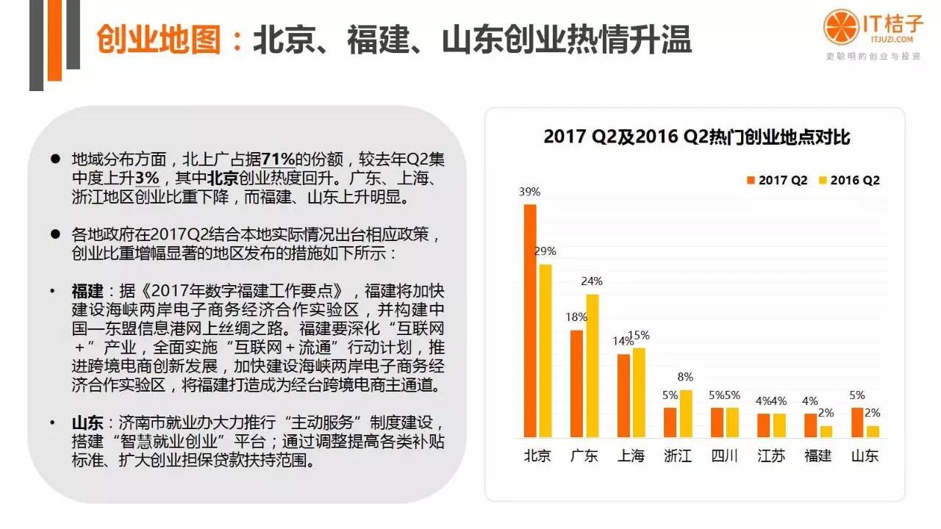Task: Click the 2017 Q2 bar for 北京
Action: coord(530,320)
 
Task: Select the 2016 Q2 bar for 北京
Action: coord(545,350)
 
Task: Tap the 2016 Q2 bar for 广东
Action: coord(592,366)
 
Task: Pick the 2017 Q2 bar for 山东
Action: coord(857,422)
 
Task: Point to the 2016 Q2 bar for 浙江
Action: coord(685,414)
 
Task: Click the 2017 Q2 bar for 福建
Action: coord(809,425)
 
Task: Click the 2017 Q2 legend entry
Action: coord(778,180)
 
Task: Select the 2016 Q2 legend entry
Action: coord(849,180)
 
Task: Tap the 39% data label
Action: coord(529,192)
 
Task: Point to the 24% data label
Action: coord(592,281)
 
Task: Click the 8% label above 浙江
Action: coord(685,377)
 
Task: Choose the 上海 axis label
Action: coord(630,456)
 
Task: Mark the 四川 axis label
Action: coord(724,456)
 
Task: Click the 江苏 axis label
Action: coord(771,456)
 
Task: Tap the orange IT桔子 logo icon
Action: coord(840,27)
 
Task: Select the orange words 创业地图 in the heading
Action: coord(159,41)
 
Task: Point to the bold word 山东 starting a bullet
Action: coord(86,425)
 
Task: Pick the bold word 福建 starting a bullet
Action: coord(86,292)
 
